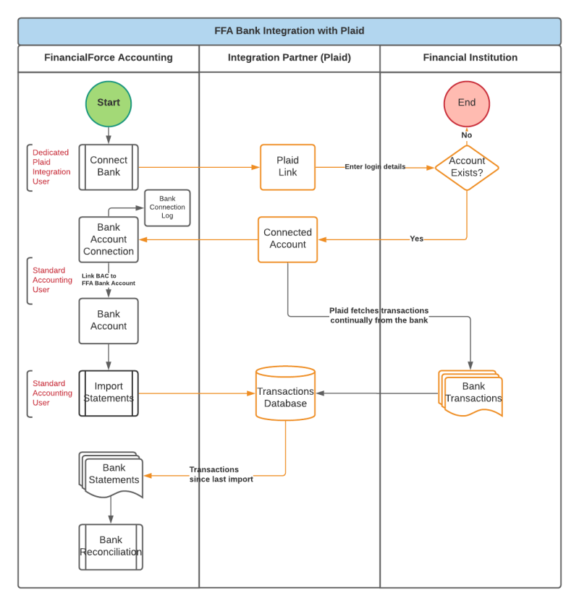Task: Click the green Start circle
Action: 109,103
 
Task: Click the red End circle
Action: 467,103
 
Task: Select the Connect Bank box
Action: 109,166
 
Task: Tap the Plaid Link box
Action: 288,166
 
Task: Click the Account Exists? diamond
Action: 467,167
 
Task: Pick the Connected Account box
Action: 288,239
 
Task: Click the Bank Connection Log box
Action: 167,207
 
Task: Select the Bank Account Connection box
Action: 109,239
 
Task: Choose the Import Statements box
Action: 109,393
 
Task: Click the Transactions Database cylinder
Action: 285,394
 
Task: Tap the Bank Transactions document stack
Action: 471,393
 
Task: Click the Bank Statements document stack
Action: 111,474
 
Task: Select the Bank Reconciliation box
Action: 111,547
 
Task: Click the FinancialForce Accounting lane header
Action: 109,58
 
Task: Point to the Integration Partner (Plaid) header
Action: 289,58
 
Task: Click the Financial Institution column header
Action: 470,58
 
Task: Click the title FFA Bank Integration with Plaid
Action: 289,31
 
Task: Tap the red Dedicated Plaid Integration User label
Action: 51,167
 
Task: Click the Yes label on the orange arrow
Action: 416,239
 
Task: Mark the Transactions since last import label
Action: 221,474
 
